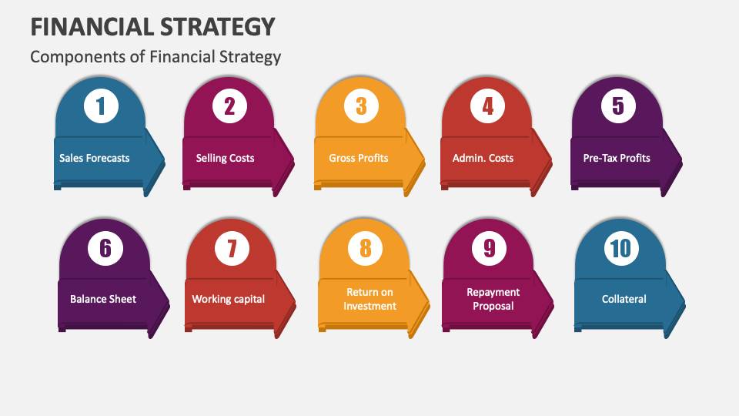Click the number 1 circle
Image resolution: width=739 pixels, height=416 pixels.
pyautogui.click(x=100, y=106)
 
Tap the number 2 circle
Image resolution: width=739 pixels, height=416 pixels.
pyautogui.click(x=229, y=106)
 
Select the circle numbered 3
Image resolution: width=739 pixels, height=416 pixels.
pyautogui.click(x=360, y=106)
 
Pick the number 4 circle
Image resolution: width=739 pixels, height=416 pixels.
pyautogui.click(x=487, y=106)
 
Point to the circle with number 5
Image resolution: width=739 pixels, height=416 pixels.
pyautogui.click(x=618, y=106)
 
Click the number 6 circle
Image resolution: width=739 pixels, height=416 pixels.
pyautogui.click(x=105, y=248)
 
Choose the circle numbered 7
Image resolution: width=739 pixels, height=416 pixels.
pyautogui.click(x=232, y=248)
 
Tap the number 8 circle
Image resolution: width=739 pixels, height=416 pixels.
pyautogui.click(x=365, y=248)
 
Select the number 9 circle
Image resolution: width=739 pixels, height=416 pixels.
pyautogui.click(x=490, y=248)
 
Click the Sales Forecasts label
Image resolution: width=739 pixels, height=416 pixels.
pyautogui.click(x=95, y=158)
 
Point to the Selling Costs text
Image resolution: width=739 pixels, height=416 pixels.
pyautogui.click(x=225, y=158)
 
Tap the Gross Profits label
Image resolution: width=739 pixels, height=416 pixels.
pyautogui.click(x=359, y=158)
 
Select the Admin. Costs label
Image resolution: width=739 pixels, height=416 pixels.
pyautogui.click(x=483, y=158)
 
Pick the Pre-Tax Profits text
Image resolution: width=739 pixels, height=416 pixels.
pyautogui.click(x=617, y=158)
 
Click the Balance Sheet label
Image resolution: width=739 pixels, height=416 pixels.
pyautogui.click(x=103, y=299)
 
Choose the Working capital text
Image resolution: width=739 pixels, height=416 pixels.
pyautogui.click(x=229, y=299)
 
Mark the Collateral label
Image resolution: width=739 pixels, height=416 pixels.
pyautogui.click(x=624, y=299)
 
